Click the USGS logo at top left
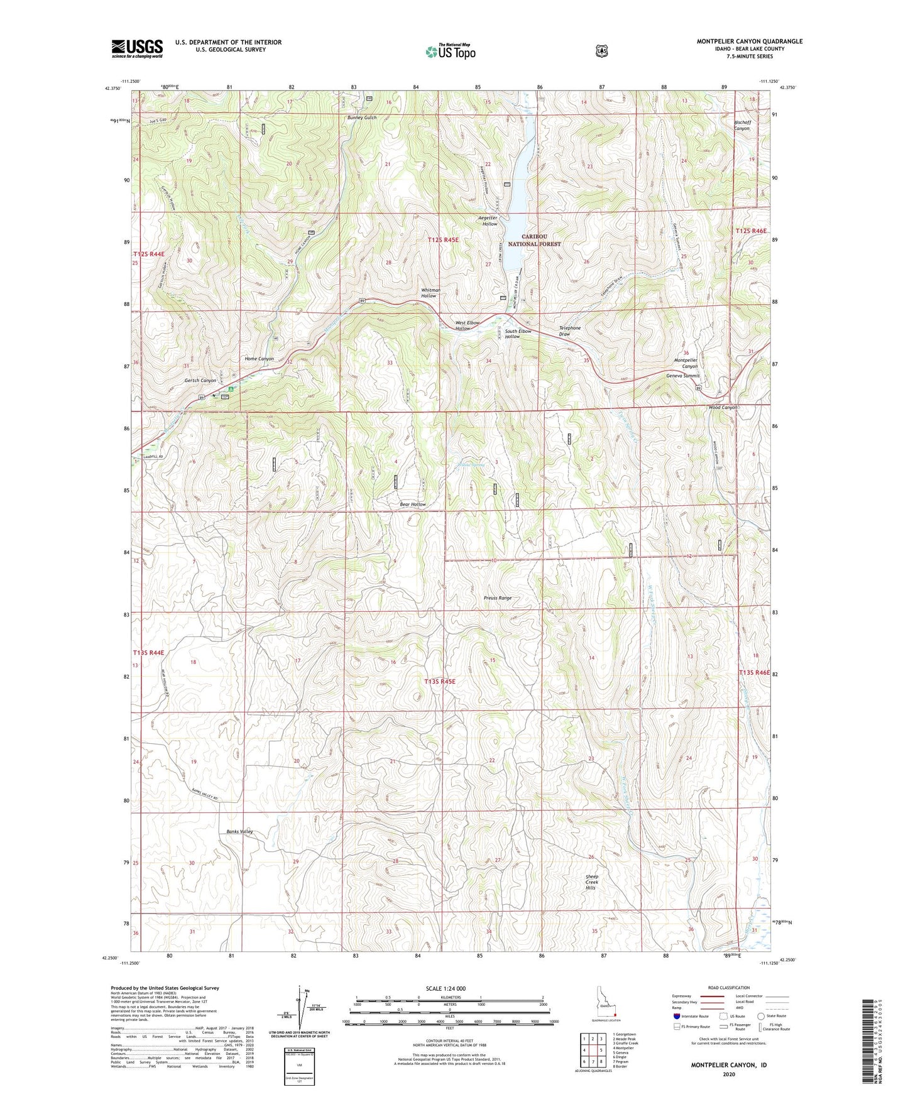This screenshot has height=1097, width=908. tap(137, 48)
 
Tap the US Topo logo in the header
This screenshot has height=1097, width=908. tap(449, 52)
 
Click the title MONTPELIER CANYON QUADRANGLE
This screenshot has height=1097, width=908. tap(749, 41)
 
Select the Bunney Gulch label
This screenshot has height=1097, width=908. tap(361, 117)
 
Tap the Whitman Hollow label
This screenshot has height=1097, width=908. tap(430, 293)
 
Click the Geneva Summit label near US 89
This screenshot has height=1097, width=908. tap(682, 376)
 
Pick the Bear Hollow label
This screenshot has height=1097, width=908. tap(413, 505)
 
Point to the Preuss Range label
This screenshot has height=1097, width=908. tap(498, 598)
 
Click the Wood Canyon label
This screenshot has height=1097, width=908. tap(723, 407)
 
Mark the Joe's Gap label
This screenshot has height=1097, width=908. tap(158, 121)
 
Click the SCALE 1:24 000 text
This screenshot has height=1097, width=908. tap(446, 988)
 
